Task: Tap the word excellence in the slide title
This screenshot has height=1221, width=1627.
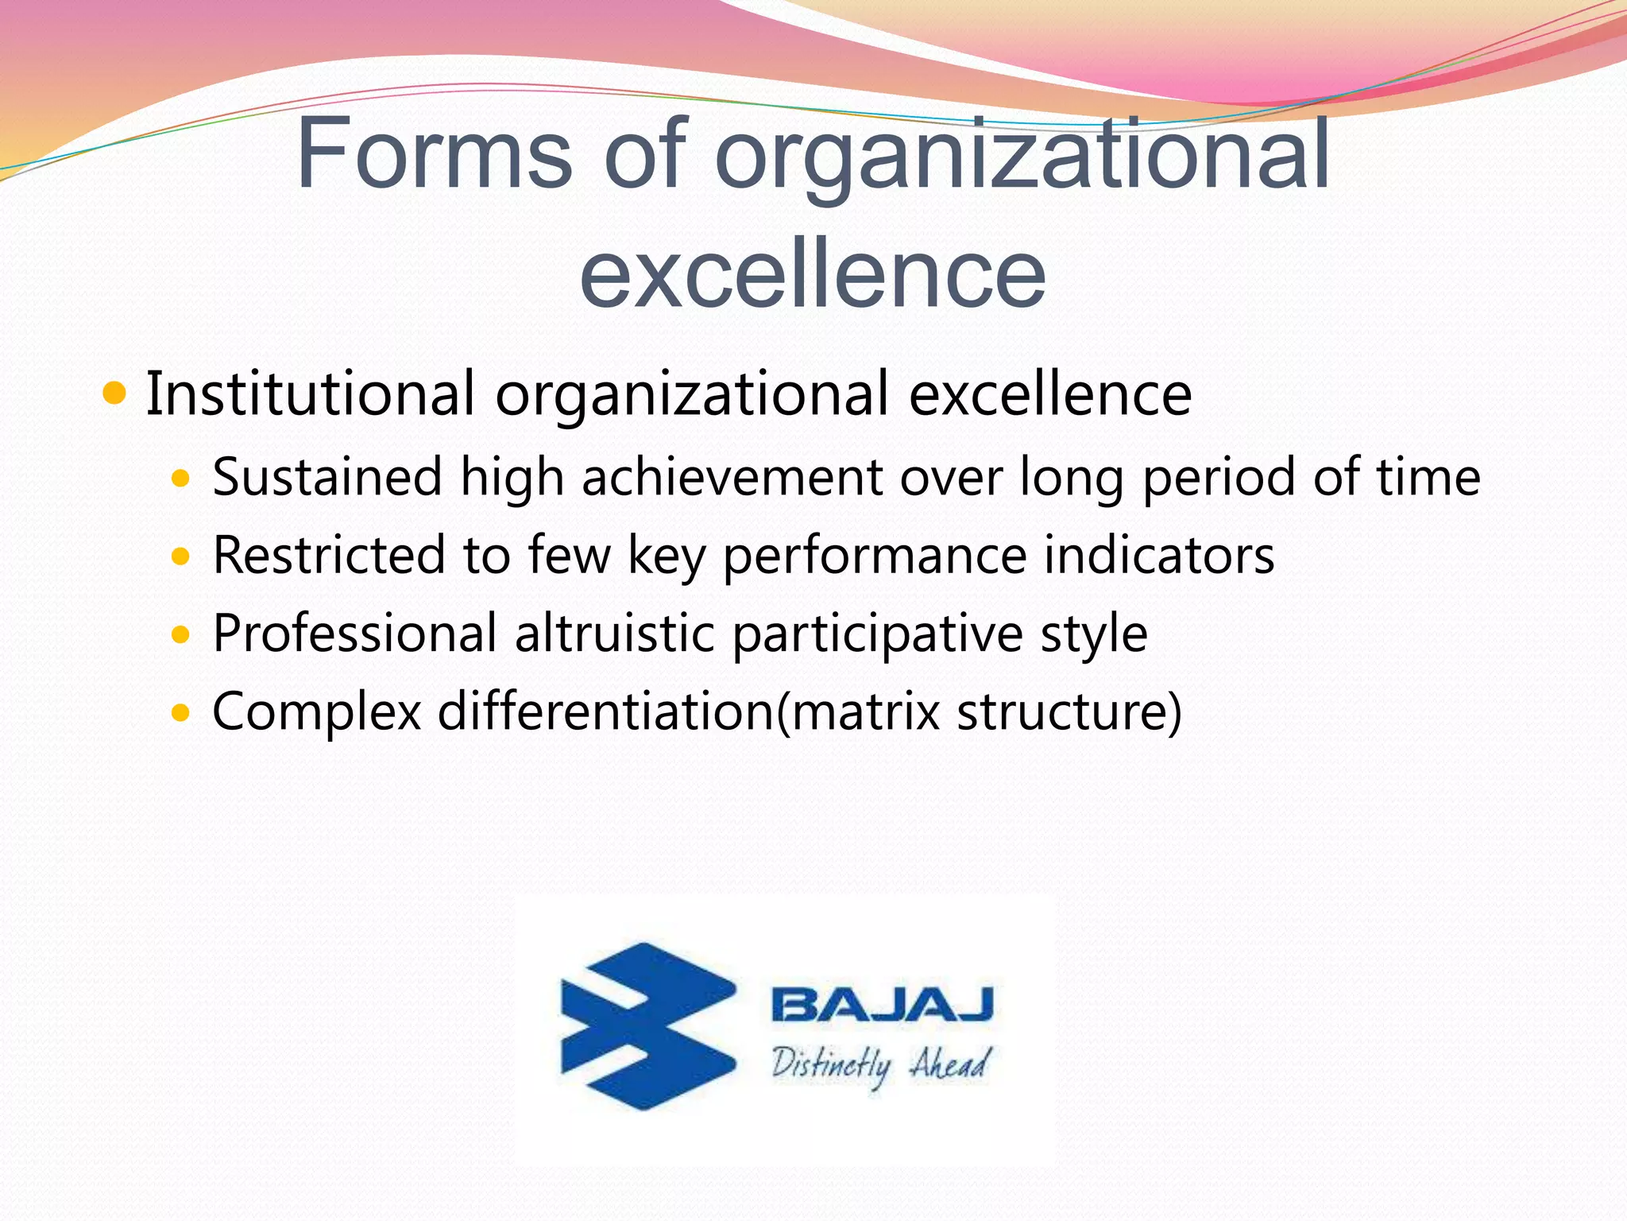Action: click(813, 273)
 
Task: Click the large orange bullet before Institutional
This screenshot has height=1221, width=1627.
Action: click(115, 393)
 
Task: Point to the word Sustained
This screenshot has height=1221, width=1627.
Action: click(327, 477)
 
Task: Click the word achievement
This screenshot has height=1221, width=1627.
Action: click(732, 477)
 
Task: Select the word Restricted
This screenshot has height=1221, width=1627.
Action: click(330, 555)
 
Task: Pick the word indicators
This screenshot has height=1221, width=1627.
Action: click(1159, 555)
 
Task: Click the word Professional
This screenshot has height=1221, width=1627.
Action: click(355, 634)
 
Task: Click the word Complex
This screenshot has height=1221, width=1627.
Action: click(316, 712)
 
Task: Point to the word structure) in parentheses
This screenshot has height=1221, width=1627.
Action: click(1069, 711)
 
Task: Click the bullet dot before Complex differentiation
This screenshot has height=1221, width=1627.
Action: click(181, 712)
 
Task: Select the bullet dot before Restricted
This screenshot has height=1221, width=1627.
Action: click(181, 556)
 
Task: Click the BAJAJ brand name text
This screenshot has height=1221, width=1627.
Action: click(882, 1005)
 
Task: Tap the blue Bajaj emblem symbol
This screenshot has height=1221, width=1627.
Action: click(647, 1025)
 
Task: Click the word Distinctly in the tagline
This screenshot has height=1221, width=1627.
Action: click(831, 1064)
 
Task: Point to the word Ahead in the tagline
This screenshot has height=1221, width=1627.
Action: click(950, 1062)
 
